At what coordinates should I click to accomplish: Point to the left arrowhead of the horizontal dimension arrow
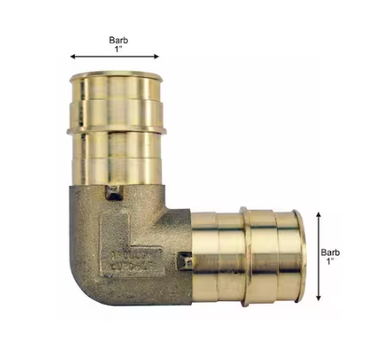pos(73,57)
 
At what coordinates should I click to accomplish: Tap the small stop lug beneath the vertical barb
pos(113,194)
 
